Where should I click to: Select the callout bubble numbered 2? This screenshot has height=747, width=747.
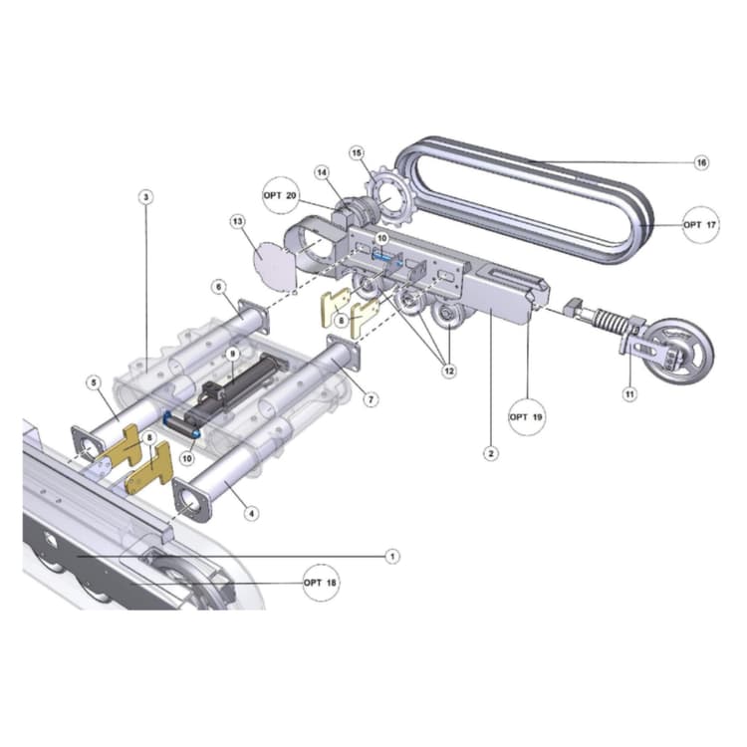490,453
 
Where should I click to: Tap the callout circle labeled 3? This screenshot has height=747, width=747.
145,197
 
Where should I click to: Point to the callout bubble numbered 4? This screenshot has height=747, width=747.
252,514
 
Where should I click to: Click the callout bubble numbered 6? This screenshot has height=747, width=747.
217,286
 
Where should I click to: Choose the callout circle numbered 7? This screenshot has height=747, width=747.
371,399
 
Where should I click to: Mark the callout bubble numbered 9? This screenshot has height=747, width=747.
231,353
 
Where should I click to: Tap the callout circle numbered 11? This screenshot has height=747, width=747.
628,394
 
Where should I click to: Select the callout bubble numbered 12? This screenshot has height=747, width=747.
448,372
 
